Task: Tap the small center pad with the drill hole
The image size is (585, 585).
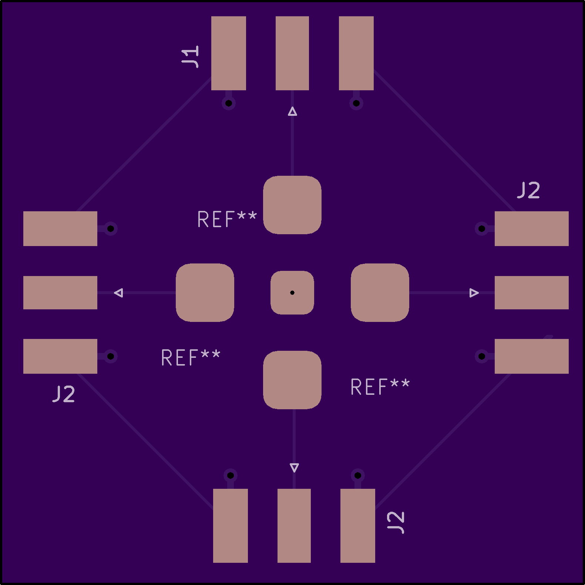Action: (x=292, y=293)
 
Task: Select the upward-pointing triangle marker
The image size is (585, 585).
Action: (x=292, y=111)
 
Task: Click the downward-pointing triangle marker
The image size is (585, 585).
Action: (x=294, y=468)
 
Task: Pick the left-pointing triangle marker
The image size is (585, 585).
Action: (x=118, y=293)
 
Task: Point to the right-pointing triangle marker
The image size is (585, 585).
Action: (x=474, y=293)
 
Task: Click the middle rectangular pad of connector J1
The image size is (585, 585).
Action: (x=292, y=53)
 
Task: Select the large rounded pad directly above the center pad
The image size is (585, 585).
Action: (x=292, y=205)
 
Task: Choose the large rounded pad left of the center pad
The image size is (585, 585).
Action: (x=205, y=293)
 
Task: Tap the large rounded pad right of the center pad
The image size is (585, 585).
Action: (x=380, y=293)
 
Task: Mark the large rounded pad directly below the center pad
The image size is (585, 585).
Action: (x=292, y=380)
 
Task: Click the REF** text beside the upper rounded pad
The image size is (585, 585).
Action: (x=227, y=219)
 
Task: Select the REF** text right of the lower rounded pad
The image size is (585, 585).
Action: (x=380, y=387)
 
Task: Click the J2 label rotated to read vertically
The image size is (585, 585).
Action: (x=396, y=522)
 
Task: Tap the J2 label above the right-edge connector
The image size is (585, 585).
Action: (x=528, y=190)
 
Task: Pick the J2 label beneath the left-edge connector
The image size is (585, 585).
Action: (x=64, y=394)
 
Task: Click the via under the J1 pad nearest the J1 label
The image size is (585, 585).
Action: (x=229, y=103)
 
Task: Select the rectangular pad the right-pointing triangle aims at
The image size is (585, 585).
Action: (x=532, y=293)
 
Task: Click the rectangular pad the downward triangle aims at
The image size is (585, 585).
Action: (x=294, y=526)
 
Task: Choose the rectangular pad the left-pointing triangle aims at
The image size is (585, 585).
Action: (x=60, y=293)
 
